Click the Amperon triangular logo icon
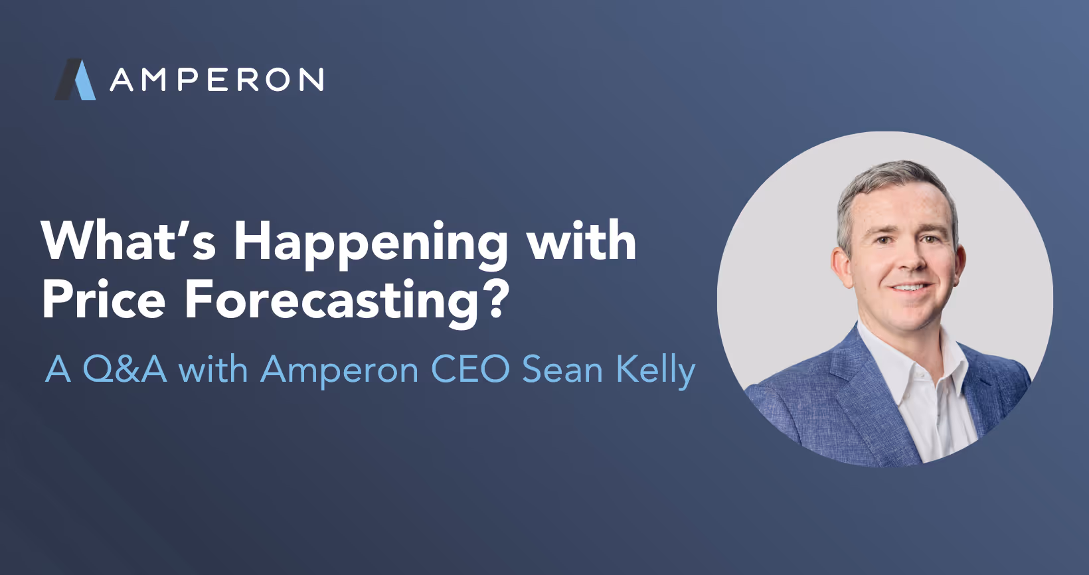76,80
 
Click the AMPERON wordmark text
216,80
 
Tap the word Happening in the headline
371,244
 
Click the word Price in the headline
104,300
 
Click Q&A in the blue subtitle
124,369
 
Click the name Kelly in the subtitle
655,370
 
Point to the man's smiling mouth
912,288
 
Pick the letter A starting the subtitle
58,369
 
